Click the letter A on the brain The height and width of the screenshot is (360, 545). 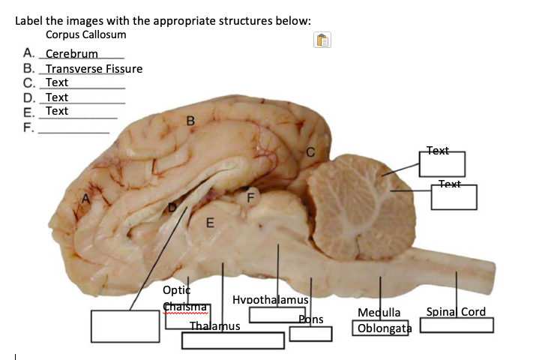point(86,198)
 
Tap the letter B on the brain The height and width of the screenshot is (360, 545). point(190,119)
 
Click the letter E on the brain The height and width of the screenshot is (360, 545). point(210,223)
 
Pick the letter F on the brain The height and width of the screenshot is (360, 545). point(252,197)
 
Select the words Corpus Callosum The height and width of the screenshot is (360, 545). point(85,34)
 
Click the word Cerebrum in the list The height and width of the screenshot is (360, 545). point(72,54)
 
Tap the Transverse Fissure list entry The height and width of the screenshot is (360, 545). point(94,69)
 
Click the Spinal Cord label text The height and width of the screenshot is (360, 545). point(456,311)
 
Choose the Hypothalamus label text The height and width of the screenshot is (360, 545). point(271,299)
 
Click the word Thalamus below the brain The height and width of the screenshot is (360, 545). point(214,326)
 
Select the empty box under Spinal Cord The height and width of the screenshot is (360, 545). point(457,325)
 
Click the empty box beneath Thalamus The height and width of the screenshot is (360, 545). point(233,340)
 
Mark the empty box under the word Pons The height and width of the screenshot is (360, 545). point(310,333)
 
